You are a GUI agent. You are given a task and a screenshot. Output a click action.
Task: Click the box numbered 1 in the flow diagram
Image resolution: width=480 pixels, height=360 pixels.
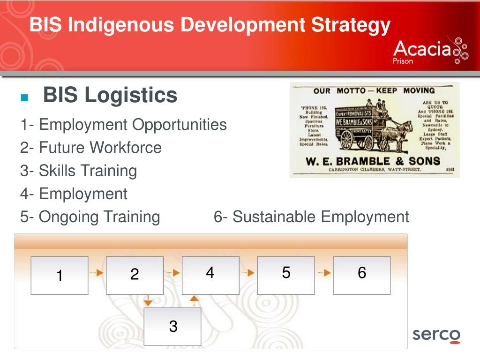coord(60,276)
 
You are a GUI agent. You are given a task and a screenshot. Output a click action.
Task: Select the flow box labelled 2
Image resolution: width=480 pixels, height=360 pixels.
coord(135,276)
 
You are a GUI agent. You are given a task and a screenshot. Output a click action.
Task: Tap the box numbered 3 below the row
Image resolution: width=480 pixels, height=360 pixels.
coord(172,326)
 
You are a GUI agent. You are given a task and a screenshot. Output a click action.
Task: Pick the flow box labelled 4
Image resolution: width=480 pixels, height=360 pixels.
coord(210,276)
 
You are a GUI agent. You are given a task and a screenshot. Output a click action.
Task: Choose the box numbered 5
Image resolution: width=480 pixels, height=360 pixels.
coord(286,276)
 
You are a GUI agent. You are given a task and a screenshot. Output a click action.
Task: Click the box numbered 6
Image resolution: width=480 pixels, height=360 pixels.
coord(361,276)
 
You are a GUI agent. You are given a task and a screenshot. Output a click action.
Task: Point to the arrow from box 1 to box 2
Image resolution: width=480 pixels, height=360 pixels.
coord(97,272)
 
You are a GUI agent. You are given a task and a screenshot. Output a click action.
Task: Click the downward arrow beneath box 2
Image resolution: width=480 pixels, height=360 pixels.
coord(148,301)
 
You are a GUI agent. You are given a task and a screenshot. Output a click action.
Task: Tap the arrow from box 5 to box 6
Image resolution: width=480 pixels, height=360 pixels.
coord(324,272)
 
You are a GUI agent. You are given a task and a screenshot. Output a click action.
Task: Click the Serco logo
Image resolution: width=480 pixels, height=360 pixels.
coord(436,336)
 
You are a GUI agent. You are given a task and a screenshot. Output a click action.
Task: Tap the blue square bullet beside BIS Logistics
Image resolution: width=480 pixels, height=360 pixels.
coord(25,98)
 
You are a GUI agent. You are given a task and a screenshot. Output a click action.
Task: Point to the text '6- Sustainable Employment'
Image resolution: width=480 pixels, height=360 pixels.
coord(311,217)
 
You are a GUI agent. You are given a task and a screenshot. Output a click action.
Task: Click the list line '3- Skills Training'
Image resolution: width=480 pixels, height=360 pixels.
coord(78,171)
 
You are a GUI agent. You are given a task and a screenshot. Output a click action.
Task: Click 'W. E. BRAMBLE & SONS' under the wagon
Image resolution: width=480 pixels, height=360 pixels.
coord(373,161)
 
